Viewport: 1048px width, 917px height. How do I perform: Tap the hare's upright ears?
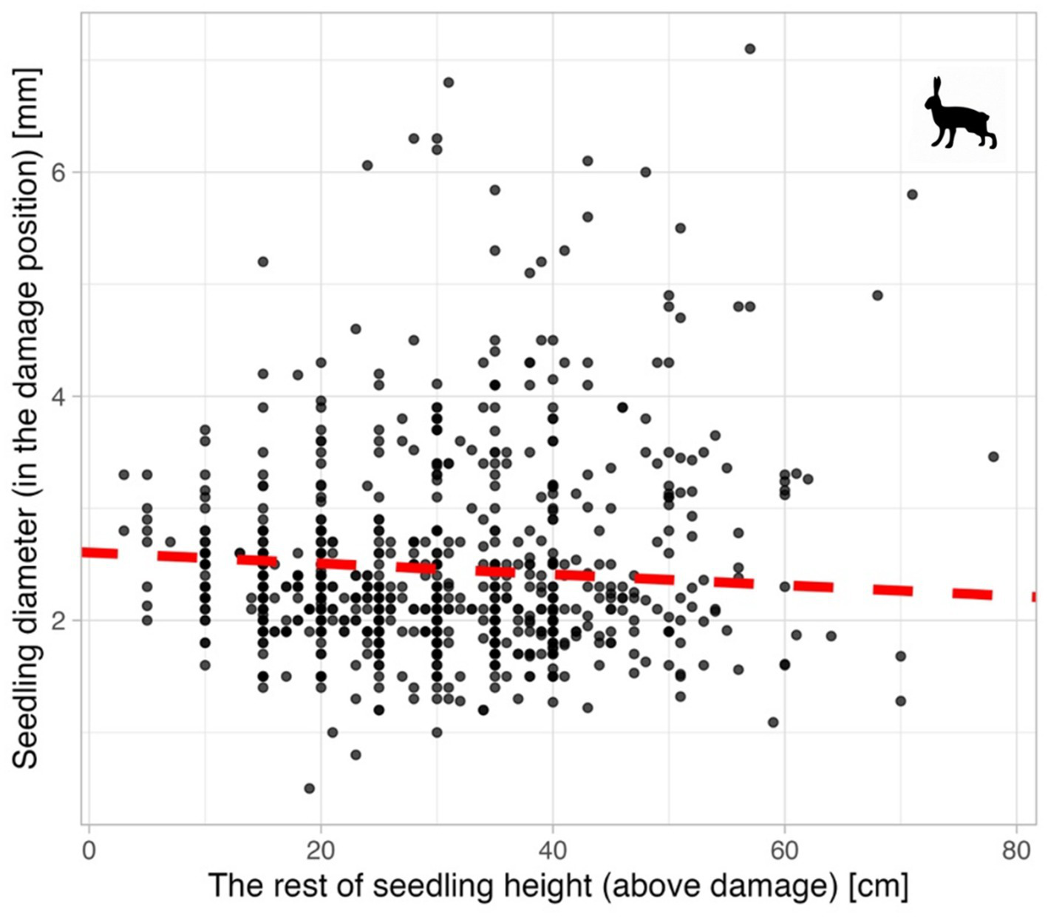click(x=937, y=87)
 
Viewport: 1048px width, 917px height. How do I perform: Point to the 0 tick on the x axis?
click(x=89, y=851)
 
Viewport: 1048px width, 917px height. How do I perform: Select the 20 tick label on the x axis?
click(x=321, y=851)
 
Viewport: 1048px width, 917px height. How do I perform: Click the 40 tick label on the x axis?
click(x=553, y=851)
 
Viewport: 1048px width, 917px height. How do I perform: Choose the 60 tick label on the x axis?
click(x=784, y=851)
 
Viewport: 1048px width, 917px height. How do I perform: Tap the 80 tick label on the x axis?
click(x=1016, y=851)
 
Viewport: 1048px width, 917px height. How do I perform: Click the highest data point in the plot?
click(x=749, y=49)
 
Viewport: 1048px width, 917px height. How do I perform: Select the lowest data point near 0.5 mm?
click(x=309, y=788)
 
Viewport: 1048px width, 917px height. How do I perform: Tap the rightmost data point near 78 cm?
click(x=993, y=457)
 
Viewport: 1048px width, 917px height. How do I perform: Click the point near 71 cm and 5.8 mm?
click(x=912, y=194)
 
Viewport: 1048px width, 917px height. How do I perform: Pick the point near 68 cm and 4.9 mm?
click(x=877, y=295)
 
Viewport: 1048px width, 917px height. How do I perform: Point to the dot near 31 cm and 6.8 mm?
click(x=448, y=82)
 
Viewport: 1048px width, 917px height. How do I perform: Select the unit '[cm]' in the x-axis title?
click(x=879, y=886)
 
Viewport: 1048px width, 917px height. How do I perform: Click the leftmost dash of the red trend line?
click(x=100, y=552)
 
